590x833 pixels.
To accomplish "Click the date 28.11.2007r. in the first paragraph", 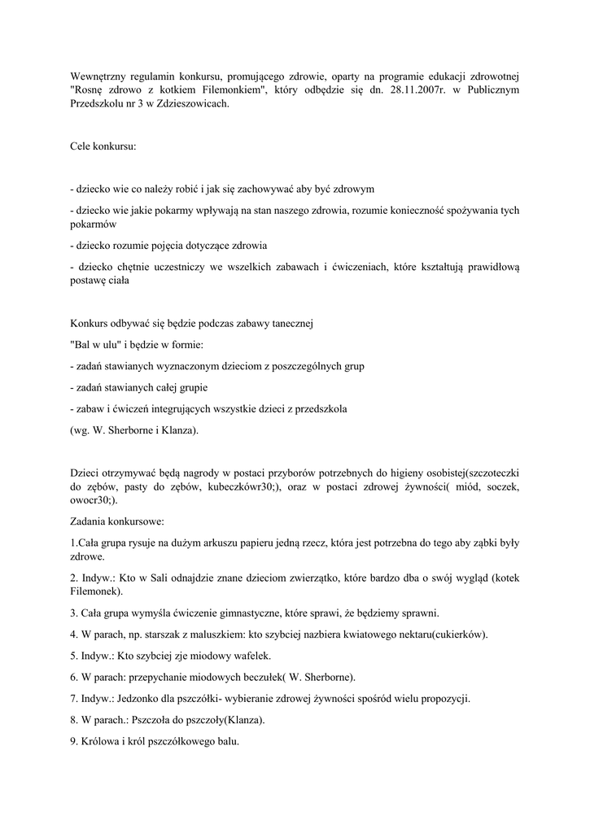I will [x=413, y=89].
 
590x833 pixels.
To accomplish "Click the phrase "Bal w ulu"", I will [x=96, y=344].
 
